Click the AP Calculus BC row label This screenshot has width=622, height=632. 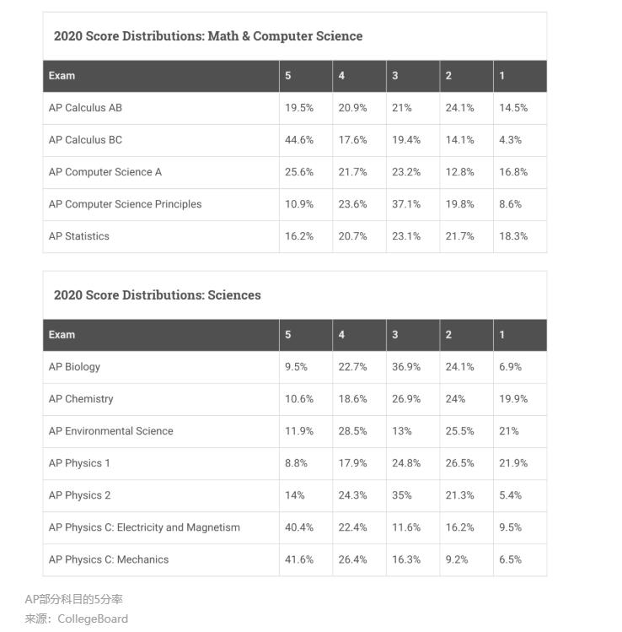[85, 140]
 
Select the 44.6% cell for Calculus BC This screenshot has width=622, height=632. [299, 140]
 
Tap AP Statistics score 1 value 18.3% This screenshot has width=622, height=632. [513, 236]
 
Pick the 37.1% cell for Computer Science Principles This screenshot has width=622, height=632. [406, 204]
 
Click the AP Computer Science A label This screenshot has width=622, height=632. [105, 172]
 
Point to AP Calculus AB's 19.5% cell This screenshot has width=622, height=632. [299, 108]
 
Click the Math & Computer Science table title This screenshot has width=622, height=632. [208, 36]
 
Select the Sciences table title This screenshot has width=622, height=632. [158, 295]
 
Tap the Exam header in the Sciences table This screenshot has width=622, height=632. [62, 335]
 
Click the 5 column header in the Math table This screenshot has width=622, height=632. [288, 76]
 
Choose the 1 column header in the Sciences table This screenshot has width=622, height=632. [502, 335]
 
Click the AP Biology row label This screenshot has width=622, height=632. [74, 367]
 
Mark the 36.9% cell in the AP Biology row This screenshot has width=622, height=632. [406, 367]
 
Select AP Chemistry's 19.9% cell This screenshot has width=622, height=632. [513, 399]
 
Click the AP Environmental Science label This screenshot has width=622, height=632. [110, 431]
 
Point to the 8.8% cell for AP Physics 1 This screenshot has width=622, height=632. [297, 463]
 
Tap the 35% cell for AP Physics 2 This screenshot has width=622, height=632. [402, 495]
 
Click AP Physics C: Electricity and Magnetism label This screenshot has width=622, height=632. [144, 527]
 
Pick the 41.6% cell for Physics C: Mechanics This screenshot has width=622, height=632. [299, 559]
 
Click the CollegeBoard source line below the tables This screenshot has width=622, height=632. [77, 618]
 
